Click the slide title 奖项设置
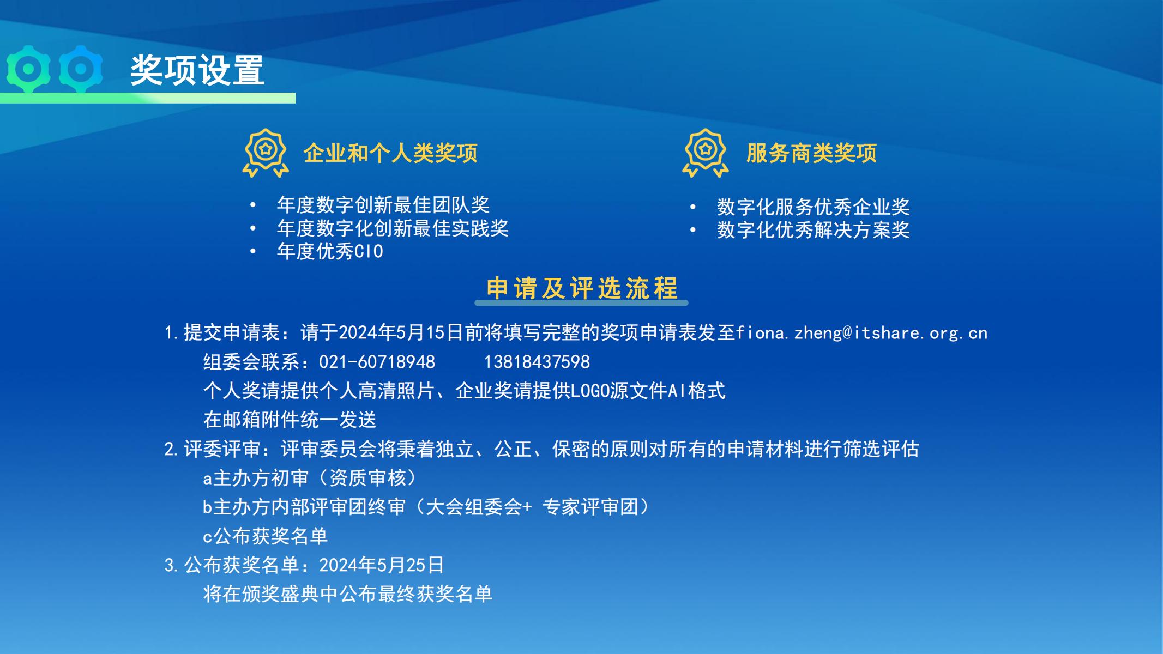(x=197, y=70)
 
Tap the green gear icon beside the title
(x=28, y=69)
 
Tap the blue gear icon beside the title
(x=80, y=69)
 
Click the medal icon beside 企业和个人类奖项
(x=266, y=153)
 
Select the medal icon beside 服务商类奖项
(x=706, y=153)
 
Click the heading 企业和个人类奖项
(x=390, y=153)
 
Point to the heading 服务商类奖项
(x=811, y=153)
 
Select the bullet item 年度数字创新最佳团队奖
(x=383, y=205)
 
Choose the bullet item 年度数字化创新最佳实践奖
(x=393, y=228)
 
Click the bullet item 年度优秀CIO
(x=330, y=251)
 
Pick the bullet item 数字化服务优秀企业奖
(x=814, y=207)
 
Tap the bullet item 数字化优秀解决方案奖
(x=814, y=230)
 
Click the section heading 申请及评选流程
(x=582, y=288)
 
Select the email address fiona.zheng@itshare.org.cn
(x=861, y=333)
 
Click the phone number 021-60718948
(x=377, y=362)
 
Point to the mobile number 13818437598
(x=537, y=362)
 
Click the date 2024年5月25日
(x=382, y=565)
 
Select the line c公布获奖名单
(x=265, y=536)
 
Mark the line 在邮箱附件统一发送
(x=290, y=420)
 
